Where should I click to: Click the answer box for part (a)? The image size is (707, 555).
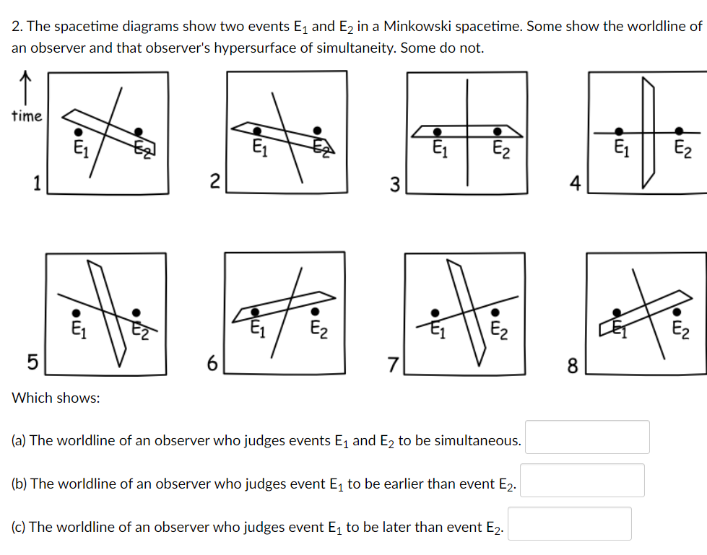(586, 437)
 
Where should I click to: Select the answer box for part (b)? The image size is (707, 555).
(582, 481)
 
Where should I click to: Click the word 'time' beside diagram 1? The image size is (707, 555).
(27, 116)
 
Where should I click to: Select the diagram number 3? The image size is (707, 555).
(394, 185)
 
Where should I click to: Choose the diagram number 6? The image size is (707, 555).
(212, 364)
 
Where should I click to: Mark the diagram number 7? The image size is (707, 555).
(394, 364)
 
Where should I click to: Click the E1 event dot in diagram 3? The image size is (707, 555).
(438, 132)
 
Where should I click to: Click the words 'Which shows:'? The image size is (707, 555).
(56, 398)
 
